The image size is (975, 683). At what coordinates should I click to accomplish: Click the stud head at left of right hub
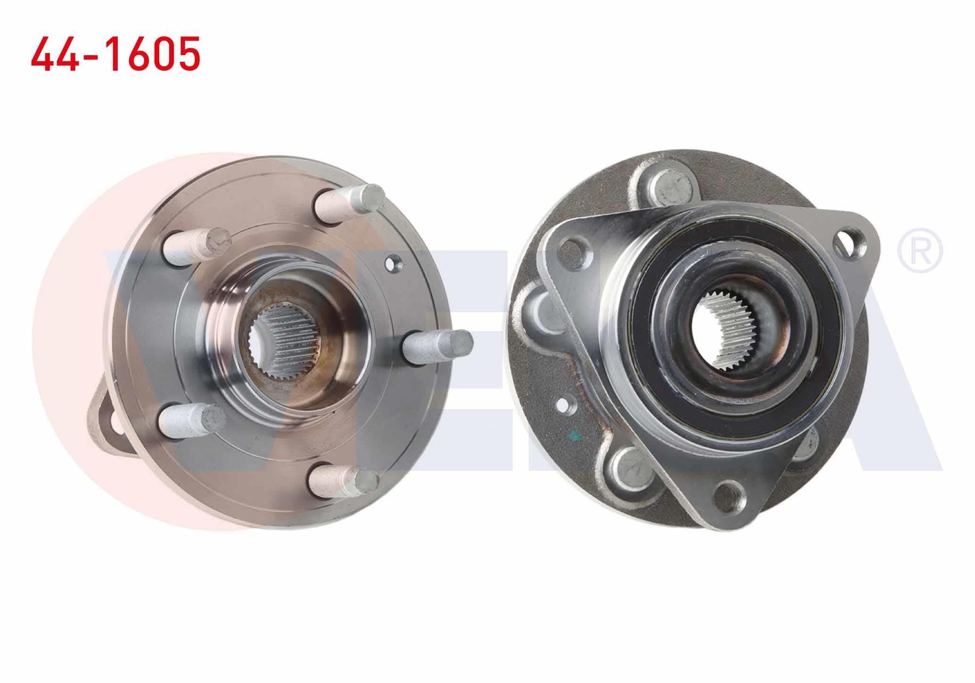pos(541,313)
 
